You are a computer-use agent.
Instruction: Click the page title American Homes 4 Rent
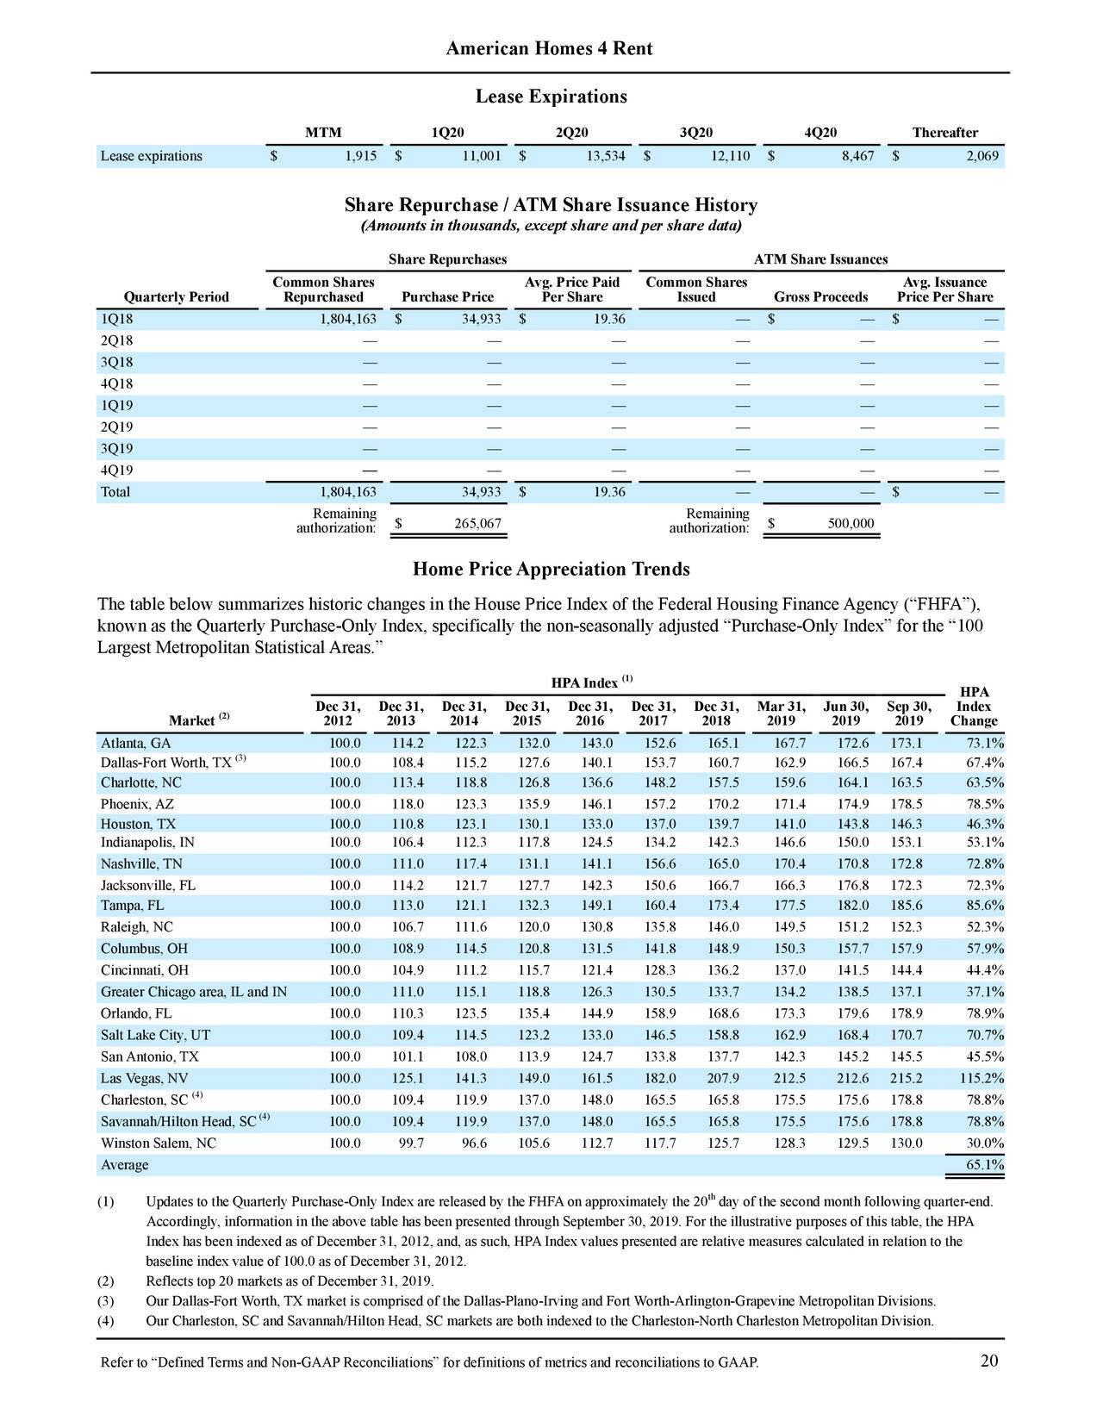point(549,49)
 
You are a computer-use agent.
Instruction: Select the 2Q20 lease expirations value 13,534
point(602,156)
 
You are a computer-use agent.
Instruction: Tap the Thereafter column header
point(944,133)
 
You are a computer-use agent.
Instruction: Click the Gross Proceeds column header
point(820,297)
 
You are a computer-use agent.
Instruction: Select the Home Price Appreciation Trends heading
point(551,570)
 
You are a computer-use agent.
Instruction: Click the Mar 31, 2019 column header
point(781,713)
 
